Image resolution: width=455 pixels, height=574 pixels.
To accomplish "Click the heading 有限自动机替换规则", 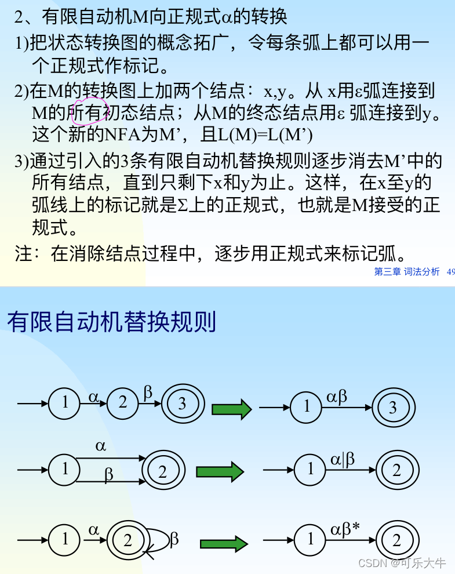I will [x=111, y=322].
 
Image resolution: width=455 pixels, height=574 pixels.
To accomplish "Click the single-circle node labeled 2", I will [x=122, y=402].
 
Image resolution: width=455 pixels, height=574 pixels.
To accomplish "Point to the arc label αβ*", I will [x=345, y=529].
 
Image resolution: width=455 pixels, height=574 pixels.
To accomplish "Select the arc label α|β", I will [x=343, y=460].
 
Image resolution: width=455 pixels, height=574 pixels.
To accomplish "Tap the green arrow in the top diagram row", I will [x=231, y=409].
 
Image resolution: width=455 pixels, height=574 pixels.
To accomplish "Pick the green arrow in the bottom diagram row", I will [x=224, y=544].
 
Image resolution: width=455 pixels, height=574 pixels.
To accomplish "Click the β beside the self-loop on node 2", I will [x=174, y=540].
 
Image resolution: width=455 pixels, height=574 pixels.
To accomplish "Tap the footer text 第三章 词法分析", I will [x=407, y=271].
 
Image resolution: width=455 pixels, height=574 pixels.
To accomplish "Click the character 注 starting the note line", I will [x=23, y=253].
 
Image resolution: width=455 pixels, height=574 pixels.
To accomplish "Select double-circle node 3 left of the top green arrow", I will [x=182, y=404].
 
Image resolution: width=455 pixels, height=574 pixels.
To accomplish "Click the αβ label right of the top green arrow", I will [x=337, y=397].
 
